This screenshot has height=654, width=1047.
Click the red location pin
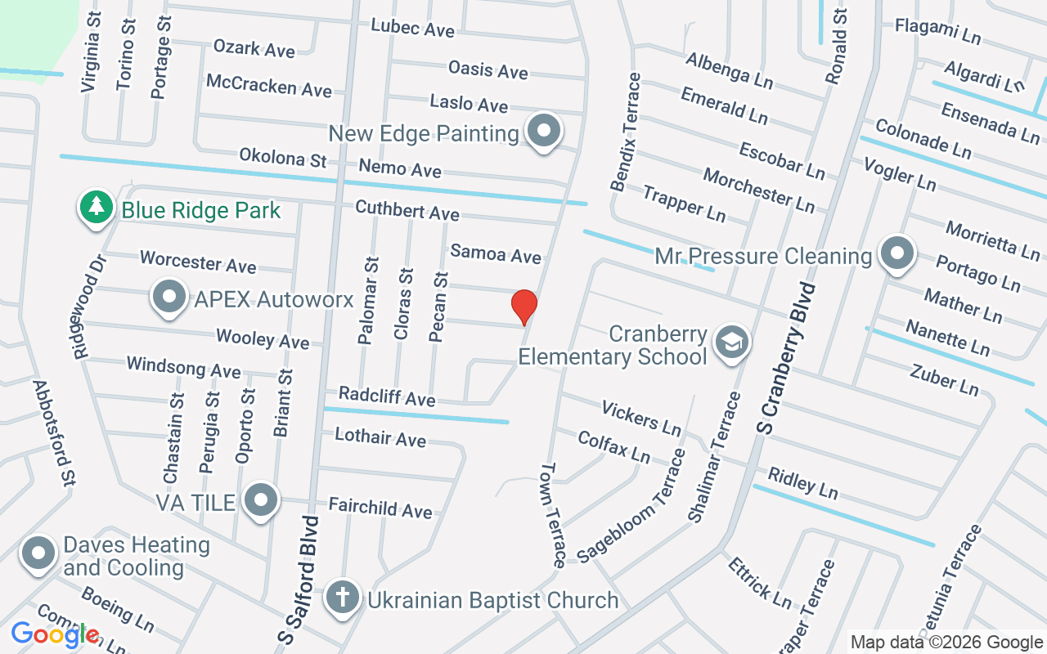[x=523, y=307]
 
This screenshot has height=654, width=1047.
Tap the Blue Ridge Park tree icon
[x=97, y=207]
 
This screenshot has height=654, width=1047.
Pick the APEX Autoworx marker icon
[x=169, y=297]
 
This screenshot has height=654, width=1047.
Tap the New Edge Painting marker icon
[x=542, y=130]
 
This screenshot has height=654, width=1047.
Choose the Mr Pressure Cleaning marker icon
[x=897, y=254]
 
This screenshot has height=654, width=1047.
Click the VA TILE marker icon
[x=261, y=498]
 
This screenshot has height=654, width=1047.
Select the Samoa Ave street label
[x=496, y=253]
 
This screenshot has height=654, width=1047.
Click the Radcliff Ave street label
[x=387, y=396]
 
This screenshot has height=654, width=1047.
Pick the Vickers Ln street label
[x=641, y=418]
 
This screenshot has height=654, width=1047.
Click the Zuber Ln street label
[x=944, y=379]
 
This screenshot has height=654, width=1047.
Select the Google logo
[x=55, y=634]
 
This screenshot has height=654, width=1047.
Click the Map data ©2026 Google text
[x=946, y=643]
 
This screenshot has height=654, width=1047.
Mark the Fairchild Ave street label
[x=380, y=508]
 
